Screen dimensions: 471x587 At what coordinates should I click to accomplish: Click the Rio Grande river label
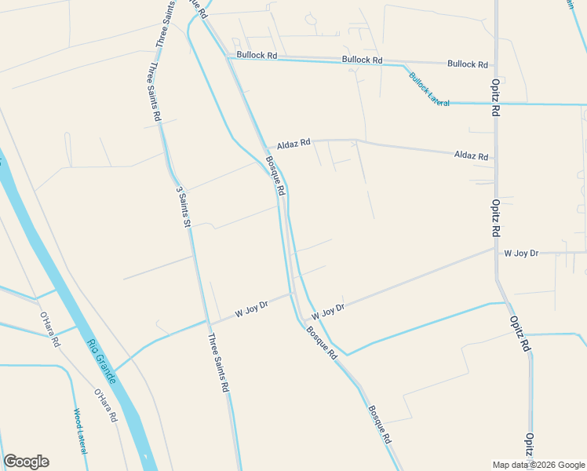click(x=102, y=362)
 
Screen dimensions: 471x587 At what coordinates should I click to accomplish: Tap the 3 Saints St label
click(x=183, y=207)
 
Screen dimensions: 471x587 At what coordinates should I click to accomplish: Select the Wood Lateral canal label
click(x=80, y=430)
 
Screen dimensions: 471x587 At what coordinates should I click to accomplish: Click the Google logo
click(x=26, y=462)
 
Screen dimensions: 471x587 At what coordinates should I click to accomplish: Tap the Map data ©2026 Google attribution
click(x=538, y=465)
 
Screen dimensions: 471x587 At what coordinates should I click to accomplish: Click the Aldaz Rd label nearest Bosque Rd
click(x=293, y=143)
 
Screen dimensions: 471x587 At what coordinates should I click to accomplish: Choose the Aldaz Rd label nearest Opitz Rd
click(x=471, y=156)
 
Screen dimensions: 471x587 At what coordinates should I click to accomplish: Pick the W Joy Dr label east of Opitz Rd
click(x=521, y=253)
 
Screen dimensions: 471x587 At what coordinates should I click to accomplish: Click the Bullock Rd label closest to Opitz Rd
click(x=468, y=64)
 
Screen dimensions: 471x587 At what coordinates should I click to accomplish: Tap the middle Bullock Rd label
click(x=362, y=60)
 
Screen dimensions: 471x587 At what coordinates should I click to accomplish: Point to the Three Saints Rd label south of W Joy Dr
click(x=218, y=363)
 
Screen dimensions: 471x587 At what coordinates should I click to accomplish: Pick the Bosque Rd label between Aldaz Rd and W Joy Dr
click(x=275, y=177)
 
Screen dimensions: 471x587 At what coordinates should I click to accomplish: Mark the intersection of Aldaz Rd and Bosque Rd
click(x=264, y=148)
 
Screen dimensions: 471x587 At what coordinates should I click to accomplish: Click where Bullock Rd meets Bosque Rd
click(x=227, y=56)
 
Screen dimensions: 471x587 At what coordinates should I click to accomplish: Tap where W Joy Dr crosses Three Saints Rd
click(x=207, y=322)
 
